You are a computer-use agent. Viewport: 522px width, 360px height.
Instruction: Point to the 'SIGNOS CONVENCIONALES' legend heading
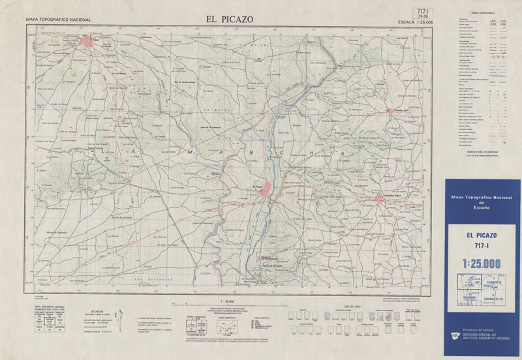point(482,13)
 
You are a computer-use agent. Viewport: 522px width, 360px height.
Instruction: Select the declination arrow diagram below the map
point(117,316)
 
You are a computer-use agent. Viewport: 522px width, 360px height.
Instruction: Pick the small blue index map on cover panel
point(481,290)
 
